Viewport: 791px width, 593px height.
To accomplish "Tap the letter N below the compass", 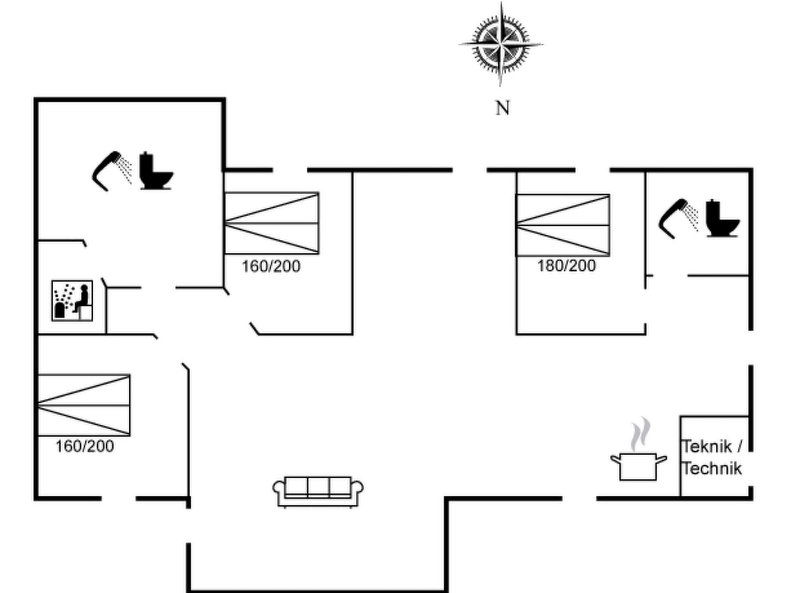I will (x=502, y=108).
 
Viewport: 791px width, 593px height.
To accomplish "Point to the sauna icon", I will (x=72, y=301).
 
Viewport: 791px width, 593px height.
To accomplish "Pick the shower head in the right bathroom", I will (x=674, y=218).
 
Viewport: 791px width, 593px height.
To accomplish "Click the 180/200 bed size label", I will (x=567, y=266).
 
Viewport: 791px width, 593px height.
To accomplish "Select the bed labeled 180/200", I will (x=563, y=225).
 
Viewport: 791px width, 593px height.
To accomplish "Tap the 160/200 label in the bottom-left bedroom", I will (x=85, y=447).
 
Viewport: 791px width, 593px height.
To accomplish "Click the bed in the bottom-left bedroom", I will (x=84, y=405).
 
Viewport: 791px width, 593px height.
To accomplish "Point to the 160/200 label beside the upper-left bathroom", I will (x=271, y=266).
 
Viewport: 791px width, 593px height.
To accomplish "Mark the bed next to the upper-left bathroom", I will (x=272, y=223).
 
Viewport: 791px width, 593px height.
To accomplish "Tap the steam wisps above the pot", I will (x=641, y=434).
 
